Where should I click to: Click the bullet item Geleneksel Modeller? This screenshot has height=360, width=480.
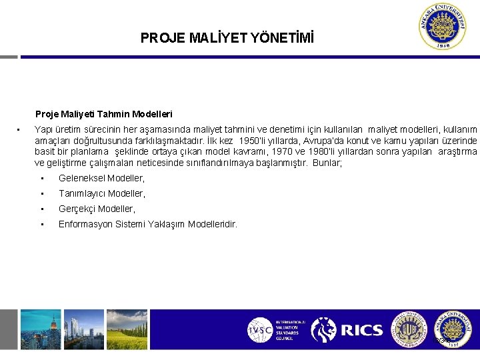(x=101, y=178)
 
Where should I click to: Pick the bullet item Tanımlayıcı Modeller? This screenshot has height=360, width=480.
(x=102, y=193)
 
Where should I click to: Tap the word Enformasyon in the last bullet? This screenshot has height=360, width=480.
(x=84, y=224)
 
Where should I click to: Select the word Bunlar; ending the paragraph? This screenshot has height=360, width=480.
(x=327, y=162)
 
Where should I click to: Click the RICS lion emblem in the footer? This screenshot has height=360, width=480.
(x=324, y=330)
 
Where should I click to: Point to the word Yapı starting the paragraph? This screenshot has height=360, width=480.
(x=43, y=129)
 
